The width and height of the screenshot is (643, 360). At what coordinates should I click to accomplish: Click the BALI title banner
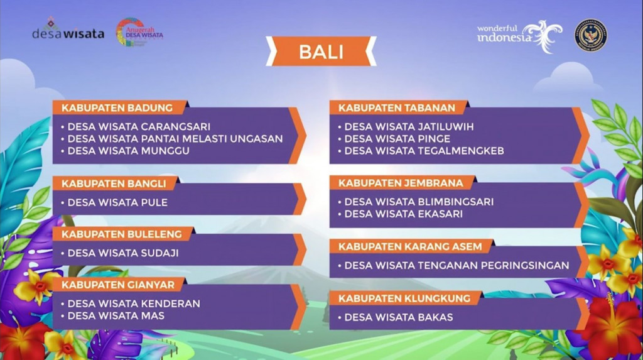(321, 52)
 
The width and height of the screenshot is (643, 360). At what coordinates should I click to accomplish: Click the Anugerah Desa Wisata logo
(139, 32)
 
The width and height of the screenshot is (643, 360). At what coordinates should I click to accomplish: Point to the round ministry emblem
(590, 35)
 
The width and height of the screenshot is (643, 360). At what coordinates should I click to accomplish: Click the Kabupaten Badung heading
(117, 107)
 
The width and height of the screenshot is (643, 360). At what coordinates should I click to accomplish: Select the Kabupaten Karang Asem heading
(410, 246)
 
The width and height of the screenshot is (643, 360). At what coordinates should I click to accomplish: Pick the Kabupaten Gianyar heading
(117, 285)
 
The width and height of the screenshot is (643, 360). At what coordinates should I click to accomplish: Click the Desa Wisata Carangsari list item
(138, 126)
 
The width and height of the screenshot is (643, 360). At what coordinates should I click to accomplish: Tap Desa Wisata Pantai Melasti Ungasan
(175, 138)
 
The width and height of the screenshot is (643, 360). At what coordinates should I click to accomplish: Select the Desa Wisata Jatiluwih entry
(409, 126)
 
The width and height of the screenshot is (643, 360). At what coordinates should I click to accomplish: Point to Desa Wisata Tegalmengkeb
(424, 151)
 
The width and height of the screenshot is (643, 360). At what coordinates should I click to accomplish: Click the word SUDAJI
(159, 253)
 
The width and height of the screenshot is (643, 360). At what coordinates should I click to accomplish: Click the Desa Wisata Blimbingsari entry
(418, 202)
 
